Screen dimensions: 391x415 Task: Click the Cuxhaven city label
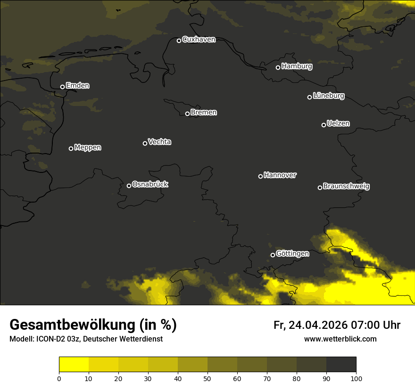coord(199,40)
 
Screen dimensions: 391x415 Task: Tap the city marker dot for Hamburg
coord(278,67)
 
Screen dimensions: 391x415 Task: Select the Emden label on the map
coord(77,86)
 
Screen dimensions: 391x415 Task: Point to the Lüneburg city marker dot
coord(309,97)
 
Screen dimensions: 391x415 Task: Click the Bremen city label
coord(204,113)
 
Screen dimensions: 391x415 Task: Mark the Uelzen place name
coord(338,123)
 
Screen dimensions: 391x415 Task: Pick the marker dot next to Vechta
coord(145,143)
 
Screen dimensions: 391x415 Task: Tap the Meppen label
coord(88,147)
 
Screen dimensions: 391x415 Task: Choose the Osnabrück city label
coord(150,184)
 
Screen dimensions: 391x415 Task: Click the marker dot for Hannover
coord(260,176)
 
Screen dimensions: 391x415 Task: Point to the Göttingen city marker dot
coord(273,255)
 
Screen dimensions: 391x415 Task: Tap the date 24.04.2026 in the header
coord(318,325)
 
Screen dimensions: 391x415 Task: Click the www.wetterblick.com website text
coord(340,339)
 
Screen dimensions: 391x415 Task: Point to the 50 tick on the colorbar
coord(207,378)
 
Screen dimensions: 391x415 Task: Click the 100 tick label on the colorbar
coord(356,378)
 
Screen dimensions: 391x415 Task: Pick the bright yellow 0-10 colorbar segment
coord(74,365)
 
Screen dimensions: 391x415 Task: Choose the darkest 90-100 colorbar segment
coord(341,365)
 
